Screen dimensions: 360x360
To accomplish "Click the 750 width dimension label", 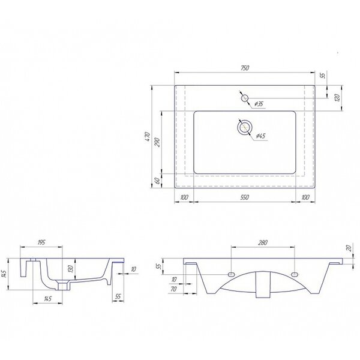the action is point(245,68).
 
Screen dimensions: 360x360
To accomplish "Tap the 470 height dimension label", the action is point(148,137).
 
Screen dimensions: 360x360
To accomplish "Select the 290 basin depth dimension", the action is point(157,142).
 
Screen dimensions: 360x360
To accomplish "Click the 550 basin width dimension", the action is point(245,197).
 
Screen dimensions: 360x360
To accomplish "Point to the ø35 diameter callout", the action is point(259,104).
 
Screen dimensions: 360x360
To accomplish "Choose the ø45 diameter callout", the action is point(260,136).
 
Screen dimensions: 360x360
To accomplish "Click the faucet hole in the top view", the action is point(245,98).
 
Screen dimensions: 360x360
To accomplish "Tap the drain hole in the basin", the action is point(245,127).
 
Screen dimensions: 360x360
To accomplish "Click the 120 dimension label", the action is point(337,98).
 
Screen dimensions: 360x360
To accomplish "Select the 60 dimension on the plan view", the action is point(157,181).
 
